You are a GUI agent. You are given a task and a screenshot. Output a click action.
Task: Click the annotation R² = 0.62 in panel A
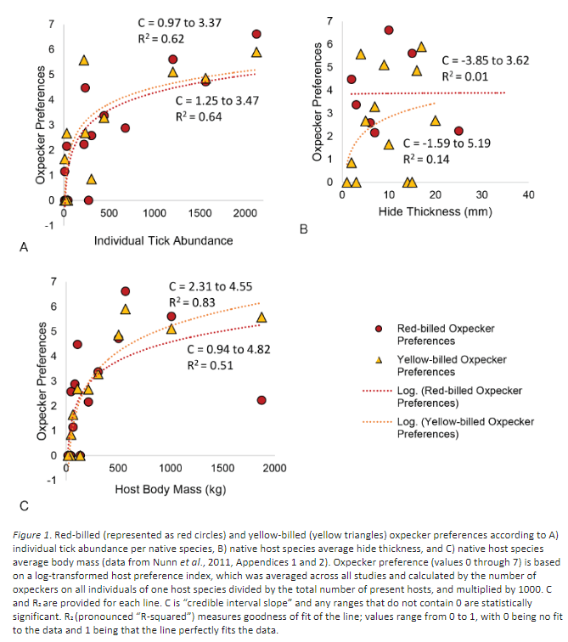pyautogui.click(x=161, y=39)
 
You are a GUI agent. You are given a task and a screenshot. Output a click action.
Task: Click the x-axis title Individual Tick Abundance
pyautogui.click(x=163, y=240)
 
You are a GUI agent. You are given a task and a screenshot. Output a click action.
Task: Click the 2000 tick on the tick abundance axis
pyautogui.click(x=245, y=212)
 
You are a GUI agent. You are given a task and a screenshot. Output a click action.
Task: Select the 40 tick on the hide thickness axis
pyautogui.click(x=528, y=195)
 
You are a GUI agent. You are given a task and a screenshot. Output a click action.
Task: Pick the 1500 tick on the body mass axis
pyautogui.click(x=222, y=469)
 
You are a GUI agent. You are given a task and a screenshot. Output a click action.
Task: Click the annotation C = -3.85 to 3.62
pyautogui.click(x=485, y=60)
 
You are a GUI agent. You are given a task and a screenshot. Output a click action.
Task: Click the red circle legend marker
pyautogui.click(x=378, y=329)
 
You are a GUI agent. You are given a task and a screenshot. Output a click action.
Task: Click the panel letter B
pyautogui.click(x=302, y=230)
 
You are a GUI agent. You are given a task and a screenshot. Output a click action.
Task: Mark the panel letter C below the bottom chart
pyautogui.click(x=25, y=506)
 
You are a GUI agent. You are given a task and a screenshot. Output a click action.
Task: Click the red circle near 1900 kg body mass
pyautogui.click(x=262, y=400)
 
